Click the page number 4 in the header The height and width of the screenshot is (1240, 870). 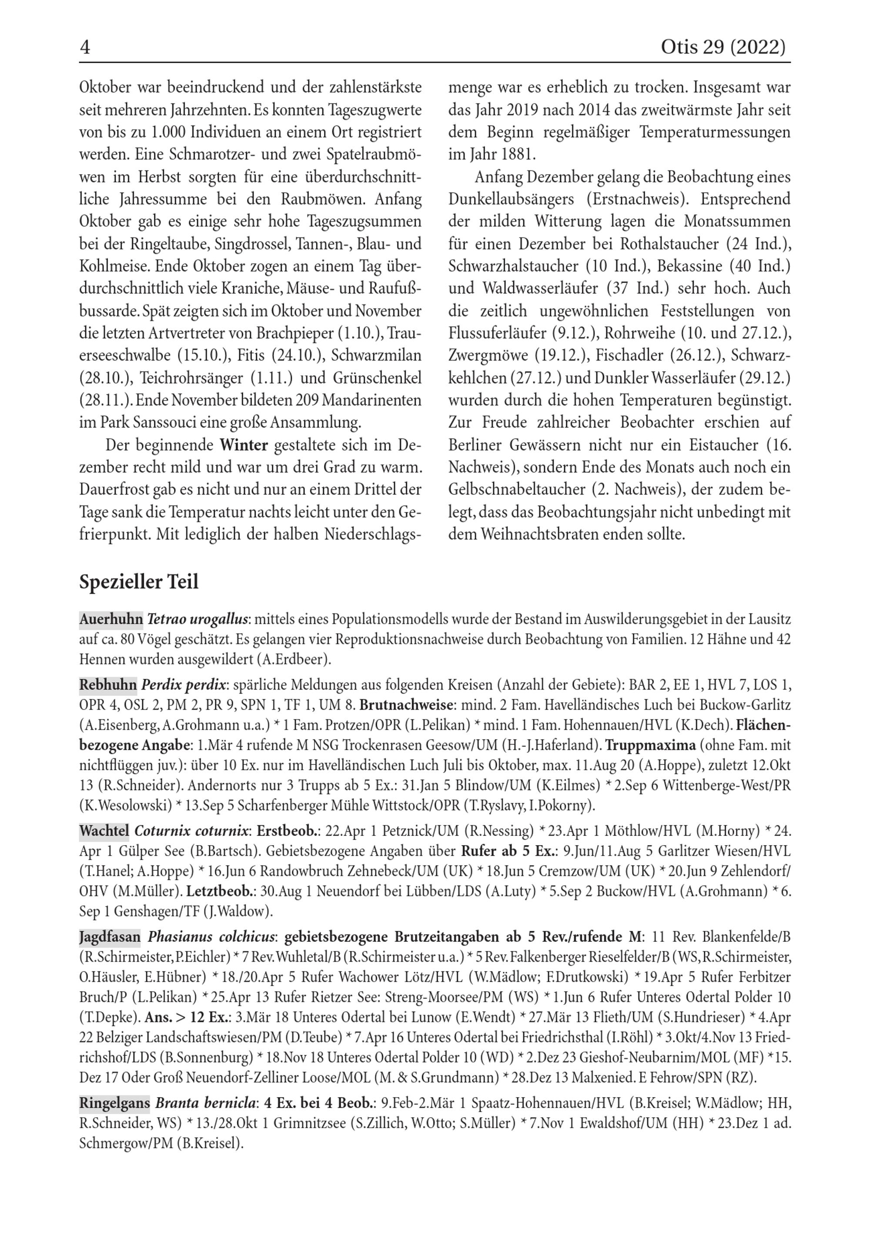[x=85, y=48]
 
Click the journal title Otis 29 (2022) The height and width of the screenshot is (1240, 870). [x=723, y=48]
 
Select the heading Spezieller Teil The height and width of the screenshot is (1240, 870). [x=139, y=582]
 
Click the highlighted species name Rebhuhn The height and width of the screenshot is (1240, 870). [x=108, y=685]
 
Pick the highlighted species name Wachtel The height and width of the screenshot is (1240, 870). [x=104, y=830]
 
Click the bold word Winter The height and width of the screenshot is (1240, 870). [x=244, y=445]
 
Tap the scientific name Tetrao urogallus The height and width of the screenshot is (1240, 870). [x=197, y=620]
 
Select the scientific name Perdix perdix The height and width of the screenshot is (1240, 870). [x=184, y=685]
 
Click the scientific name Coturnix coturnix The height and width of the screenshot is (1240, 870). [x=193, y=830]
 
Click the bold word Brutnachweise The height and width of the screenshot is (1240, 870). [x=406, y=705]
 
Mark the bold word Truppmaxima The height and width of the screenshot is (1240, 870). [x=650, y=746]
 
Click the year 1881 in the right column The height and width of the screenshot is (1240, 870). [x=518, y=155]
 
